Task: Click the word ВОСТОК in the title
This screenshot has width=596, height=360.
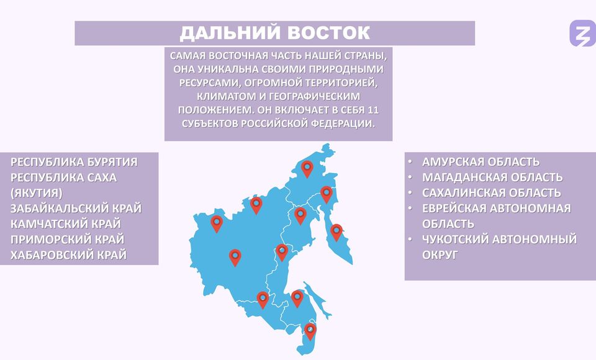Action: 328,33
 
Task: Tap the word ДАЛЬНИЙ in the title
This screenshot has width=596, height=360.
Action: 230,33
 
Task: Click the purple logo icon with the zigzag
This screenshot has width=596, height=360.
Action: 582,34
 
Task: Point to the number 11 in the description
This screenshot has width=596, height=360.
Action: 373,110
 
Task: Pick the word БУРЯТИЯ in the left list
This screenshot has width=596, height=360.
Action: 112,162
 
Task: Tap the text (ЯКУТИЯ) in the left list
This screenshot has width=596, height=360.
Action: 37,193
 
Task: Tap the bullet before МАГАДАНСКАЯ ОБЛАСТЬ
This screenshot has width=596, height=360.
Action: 410,177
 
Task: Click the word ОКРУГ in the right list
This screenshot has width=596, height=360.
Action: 440,255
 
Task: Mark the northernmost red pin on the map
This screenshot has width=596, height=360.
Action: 307,169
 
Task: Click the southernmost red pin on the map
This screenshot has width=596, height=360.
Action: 310,331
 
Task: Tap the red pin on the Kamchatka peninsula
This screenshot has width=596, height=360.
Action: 336,232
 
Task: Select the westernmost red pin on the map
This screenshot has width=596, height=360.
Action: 216,224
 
